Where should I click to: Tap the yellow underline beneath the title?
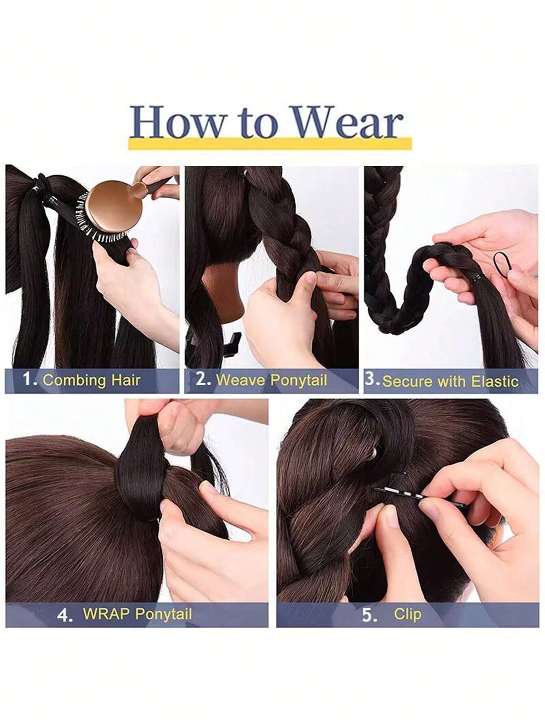pyautogui.click(x=270, y=144)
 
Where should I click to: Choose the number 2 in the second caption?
pyautogui.click(x=202, y=379)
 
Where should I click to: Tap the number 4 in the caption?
pyautogui.click(x=64, y=615)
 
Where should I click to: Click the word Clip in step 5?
pyautogui.click(x=407, y=614)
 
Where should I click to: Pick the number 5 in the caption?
pyautogui.click(x=369, y=615)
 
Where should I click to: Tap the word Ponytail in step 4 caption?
pyautogui.click(x=163, y=614)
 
